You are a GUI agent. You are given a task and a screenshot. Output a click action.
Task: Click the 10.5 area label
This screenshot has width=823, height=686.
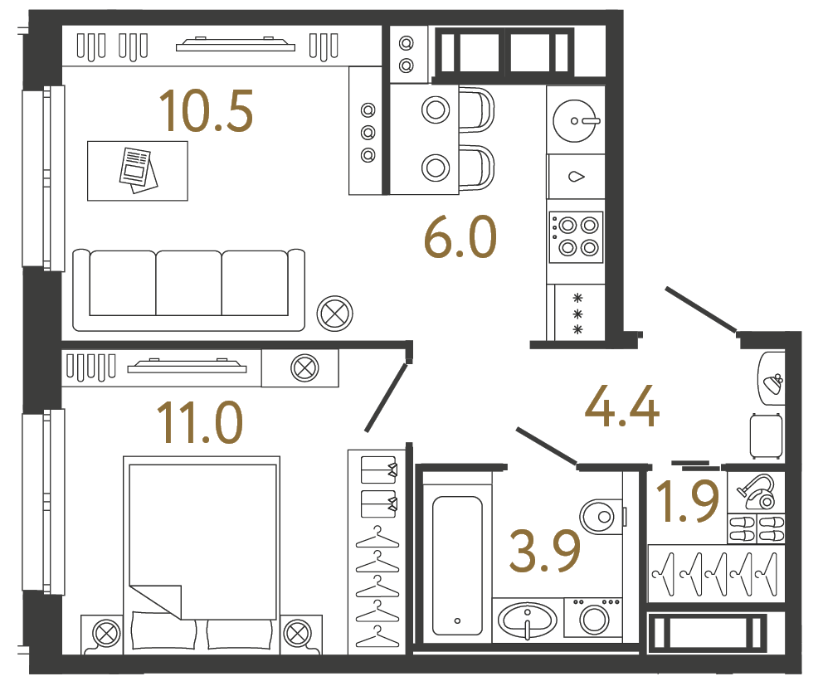(206, 112)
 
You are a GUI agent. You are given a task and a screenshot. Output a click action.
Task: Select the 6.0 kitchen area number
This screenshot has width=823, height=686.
(460, 238)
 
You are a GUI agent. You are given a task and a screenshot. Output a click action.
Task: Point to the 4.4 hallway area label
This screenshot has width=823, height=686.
(622, 408)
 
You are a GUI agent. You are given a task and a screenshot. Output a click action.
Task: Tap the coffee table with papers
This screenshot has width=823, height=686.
(138, 170)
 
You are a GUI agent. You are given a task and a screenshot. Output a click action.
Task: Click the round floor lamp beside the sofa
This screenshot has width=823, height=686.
(335, 314)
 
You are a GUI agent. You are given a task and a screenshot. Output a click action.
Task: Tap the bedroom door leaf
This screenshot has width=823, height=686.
(386, 397)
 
